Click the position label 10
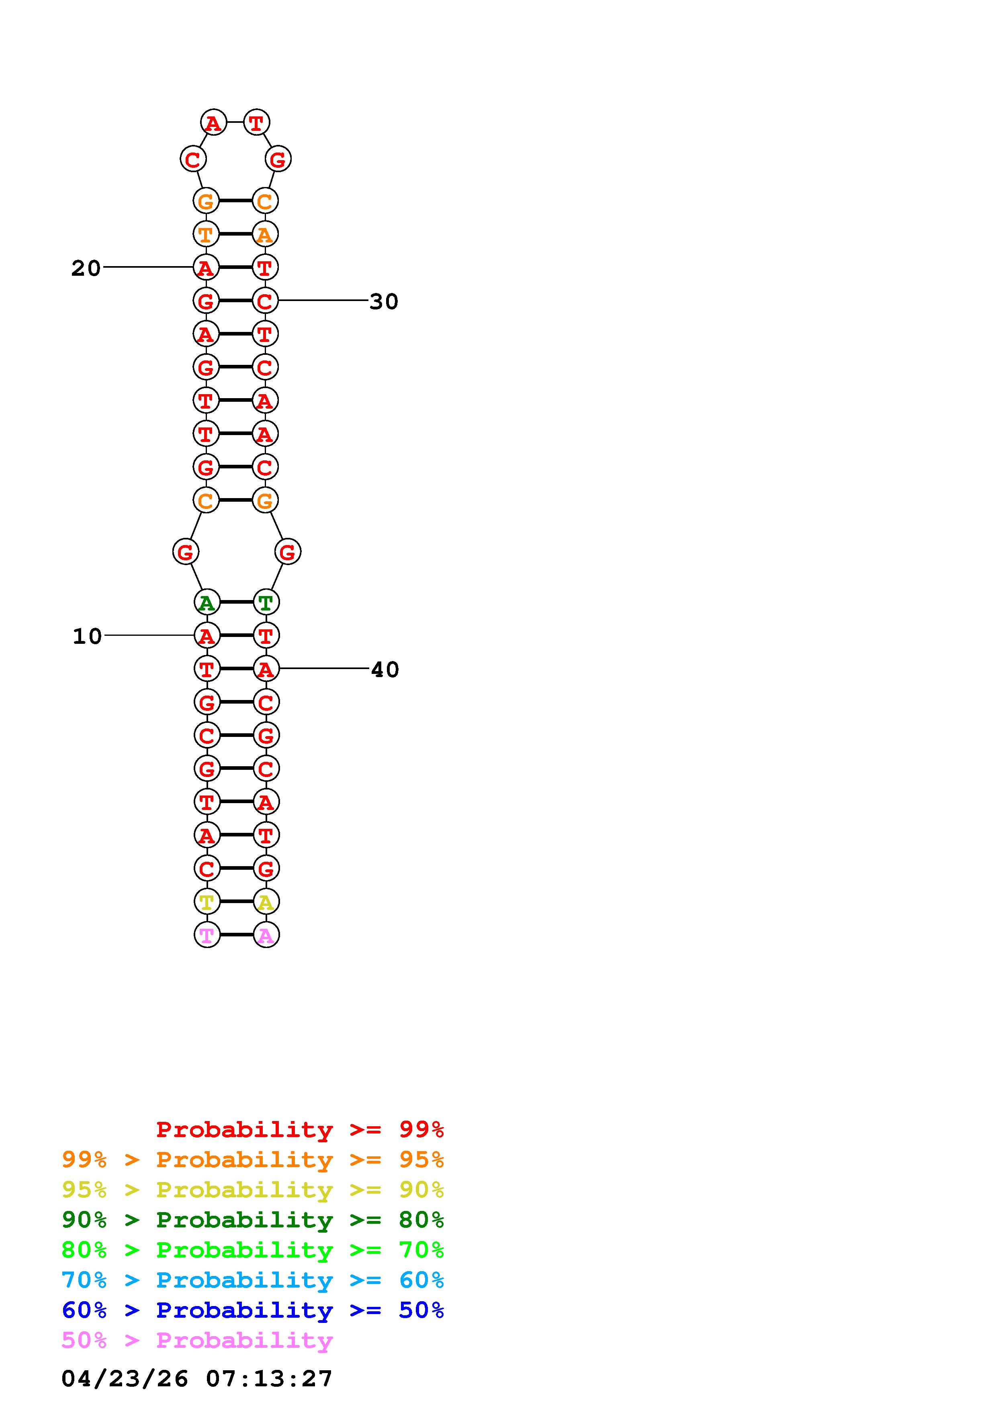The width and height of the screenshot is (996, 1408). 87,636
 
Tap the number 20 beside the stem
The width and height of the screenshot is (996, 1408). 86,268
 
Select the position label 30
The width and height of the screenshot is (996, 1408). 384,301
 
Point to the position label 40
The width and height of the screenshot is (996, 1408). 385,669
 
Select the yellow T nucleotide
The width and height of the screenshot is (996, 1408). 207,901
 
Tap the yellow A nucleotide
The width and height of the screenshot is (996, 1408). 266,901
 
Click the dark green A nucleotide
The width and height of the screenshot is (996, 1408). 207,602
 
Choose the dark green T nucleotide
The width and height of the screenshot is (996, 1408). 266,602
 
